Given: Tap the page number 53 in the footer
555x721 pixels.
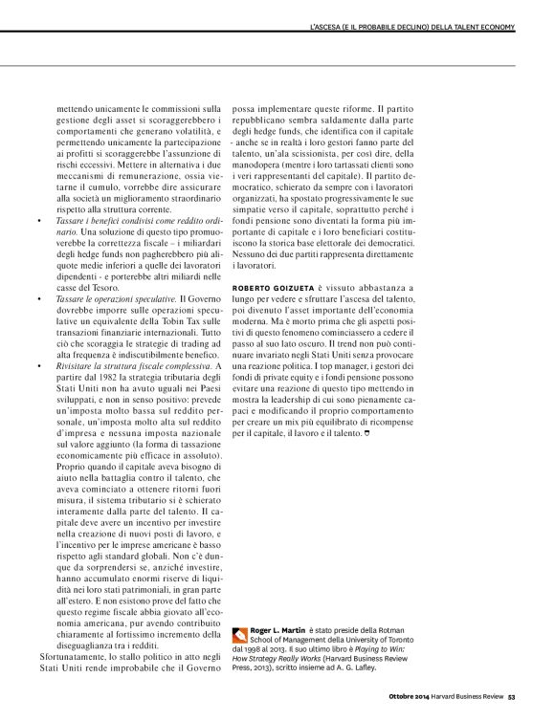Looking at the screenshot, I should click(512, 696).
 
